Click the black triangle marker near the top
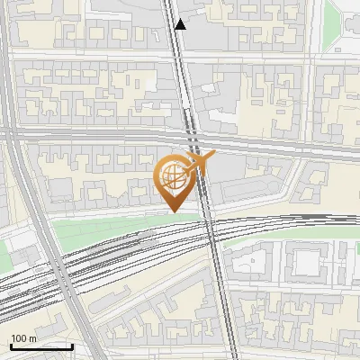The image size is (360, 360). [181, 24]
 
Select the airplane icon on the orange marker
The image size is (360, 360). [199, 163]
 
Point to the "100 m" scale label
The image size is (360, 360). [23, 337]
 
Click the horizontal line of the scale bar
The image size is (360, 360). [40, 346]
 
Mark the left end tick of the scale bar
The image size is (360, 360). [10, 345]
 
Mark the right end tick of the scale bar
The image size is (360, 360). [72, 345]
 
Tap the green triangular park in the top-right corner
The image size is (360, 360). [344, 22]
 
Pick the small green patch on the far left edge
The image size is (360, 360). [4, 256]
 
